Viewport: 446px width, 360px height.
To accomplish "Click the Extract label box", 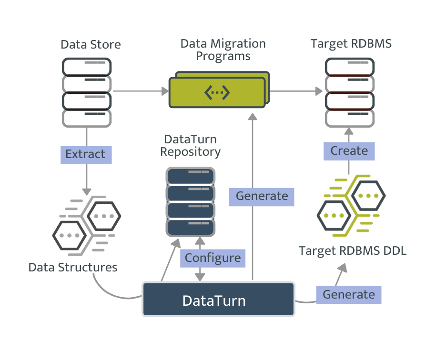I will pyautogui.click(x=86, y=155).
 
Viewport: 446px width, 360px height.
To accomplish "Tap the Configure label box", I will pyautogui.click(x=213, y=258).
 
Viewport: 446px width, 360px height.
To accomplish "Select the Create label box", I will pyautogui.click(x=349, y=151).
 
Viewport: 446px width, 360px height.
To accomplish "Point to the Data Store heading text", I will pyautogui.click(x=91, y=45).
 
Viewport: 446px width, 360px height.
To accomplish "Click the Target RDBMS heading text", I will pyautogui.click(x=351, y=44).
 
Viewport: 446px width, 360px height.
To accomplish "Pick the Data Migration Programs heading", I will pyautogui.click(x=223, y=50).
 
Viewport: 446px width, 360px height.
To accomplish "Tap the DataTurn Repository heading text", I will pyautogui.click(x=190, y=146).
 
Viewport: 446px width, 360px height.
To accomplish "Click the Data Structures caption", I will pyautogui.click(x=72, y=267).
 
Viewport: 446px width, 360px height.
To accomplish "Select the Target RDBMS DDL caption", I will pyautogui.click(x=353, y=250).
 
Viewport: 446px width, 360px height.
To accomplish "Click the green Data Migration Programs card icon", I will pyautogui.click(x=218, y=91).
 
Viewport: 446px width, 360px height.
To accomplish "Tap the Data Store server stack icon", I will pyautogui.click(x=87, y=92).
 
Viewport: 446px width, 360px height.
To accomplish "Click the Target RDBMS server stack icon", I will pyautogui.click(x=350, y=92).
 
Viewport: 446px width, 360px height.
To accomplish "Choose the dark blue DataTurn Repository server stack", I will pyautogui.click(x=190, y=201).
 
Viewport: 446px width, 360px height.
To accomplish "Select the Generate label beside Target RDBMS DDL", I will pyautogui.click(x=349, y=295).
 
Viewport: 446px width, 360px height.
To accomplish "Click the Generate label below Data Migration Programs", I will pyautogui.click(x=262, y=196).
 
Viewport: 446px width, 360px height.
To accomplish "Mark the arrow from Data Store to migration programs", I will pyautogui.click(x=141, y=90).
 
